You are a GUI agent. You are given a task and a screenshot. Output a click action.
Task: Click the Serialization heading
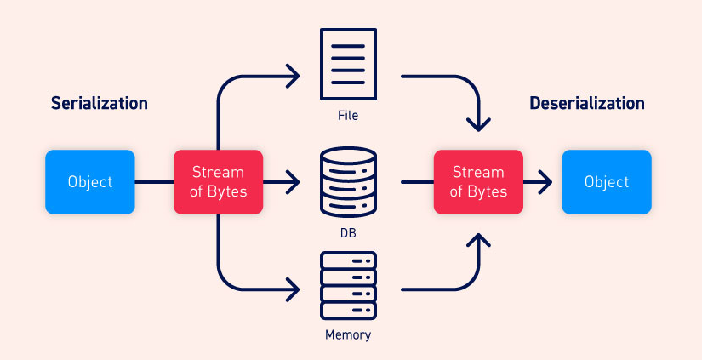tap(99, 103)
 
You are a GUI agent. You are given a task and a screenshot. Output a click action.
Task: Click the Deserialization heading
tap(586, 103)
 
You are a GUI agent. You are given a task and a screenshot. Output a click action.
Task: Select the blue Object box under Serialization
tap(89, 181)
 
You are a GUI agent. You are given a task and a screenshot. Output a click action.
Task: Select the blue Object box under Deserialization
tap(607, 181)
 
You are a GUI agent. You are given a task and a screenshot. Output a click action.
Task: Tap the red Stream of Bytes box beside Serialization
tap(218, 181)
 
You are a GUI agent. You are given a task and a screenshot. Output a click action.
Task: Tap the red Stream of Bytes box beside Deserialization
tap(479, 181)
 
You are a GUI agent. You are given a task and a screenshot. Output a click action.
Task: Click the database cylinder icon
tap(347, 181)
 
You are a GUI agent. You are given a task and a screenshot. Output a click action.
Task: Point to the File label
tap(347, 115)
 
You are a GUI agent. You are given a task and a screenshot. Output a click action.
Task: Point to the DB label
tap(347, 231)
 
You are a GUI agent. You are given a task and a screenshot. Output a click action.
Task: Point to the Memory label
tap(347, 334)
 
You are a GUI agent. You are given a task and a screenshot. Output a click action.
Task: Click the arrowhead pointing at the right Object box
tap(545, 181)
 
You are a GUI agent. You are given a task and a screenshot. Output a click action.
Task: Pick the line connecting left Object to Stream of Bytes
tap(154, 181)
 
